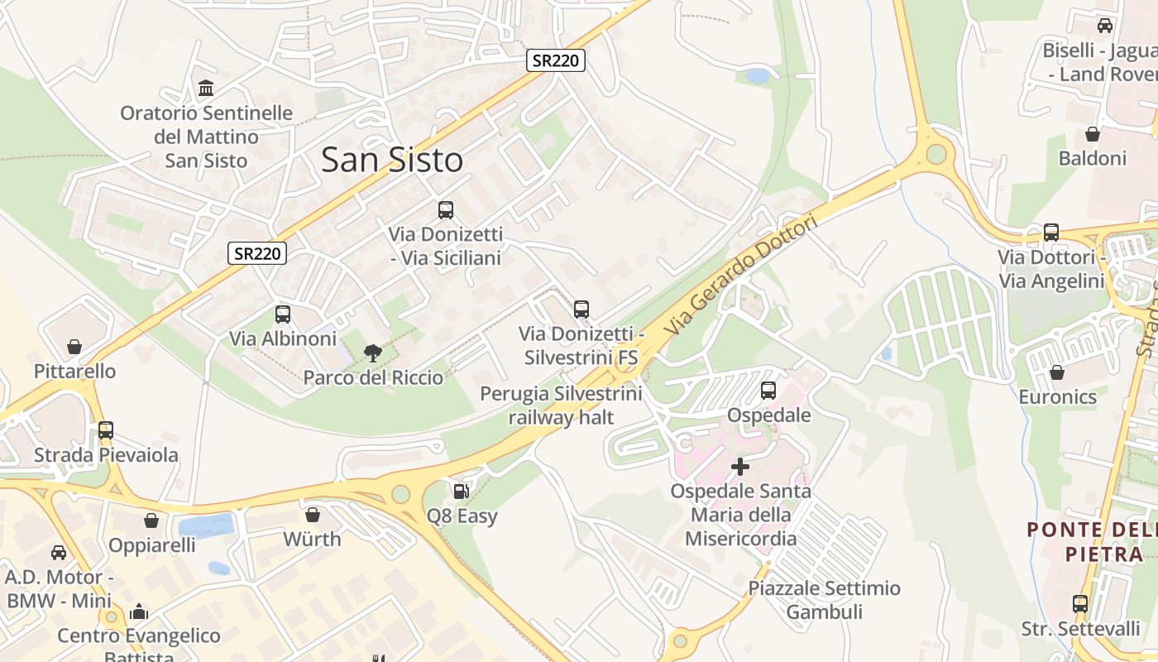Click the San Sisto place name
point(391,160)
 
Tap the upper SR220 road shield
point(556,60)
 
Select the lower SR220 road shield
point(257,254)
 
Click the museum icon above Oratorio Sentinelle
point(206,88)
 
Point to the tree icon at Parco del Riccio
point(373,353)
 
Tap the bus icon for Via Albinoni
point(283,314)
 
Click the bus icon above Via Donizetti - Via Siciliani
point(446,210)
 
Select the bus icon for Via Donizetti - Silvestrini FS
point(581,309)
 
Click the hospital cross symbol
point(740,467)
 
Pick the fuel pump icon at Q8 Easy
point(462,492)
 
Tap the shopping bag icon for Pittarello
point(74,347)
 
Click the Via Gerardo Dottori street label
point(740,276)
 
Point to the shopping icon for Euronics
point(1057,372)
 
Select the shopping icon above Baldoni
point(1093,134)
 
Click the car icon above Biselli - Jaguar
point(1105,26)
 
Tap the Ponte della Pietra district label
point(1092,541)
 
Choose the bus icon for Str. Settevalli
point(1080,604)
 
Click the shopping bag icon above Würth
point(313,515)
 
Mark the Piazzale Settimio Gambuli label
point(824,600)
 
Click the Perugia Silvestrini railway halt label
point(562,405)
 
